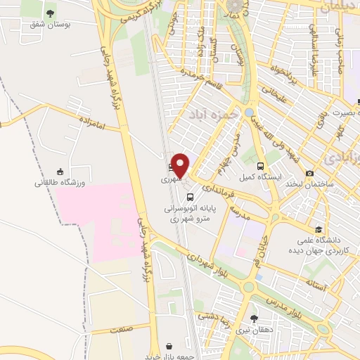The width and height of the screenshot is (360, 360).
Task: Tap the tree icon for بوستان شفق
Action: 49,13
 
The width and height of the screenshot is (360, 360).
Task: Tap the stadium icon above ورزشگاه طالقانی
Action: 60,172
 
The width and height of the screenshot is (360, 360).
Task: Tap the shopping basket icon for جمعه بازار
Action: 171,346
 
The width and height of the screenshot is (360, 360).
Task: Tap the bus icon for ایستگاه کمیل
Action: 262,167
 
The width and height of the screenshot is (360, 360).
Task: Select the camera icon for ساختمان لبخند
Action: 310,173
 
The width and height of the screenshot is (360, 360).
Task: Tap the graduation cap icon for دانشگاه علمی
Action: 319,229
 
